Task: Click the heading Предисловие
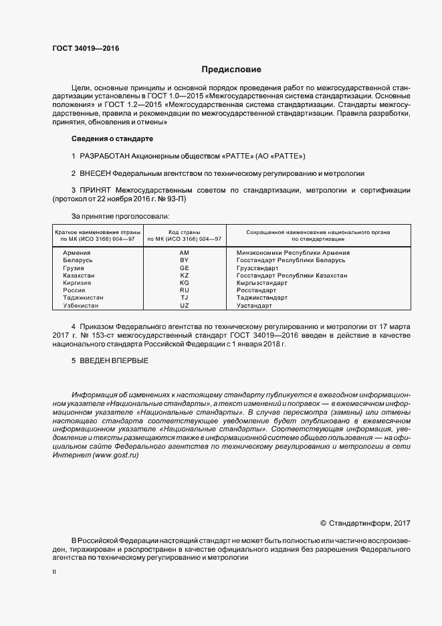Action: (231, 70)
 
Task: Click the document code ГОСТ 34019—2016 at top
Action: (81, 48)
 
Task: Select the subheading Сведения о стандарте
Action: (112, 138)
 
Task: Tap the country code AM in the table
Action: (185, 253)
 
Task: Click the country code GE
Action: (185, 268)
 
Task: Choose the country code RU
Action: (185, 290)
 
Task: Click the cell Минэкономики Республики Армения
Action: (293, 253)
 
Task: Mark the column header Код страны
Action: (185, 231)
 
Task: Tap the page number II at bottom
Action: (54, 572)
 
